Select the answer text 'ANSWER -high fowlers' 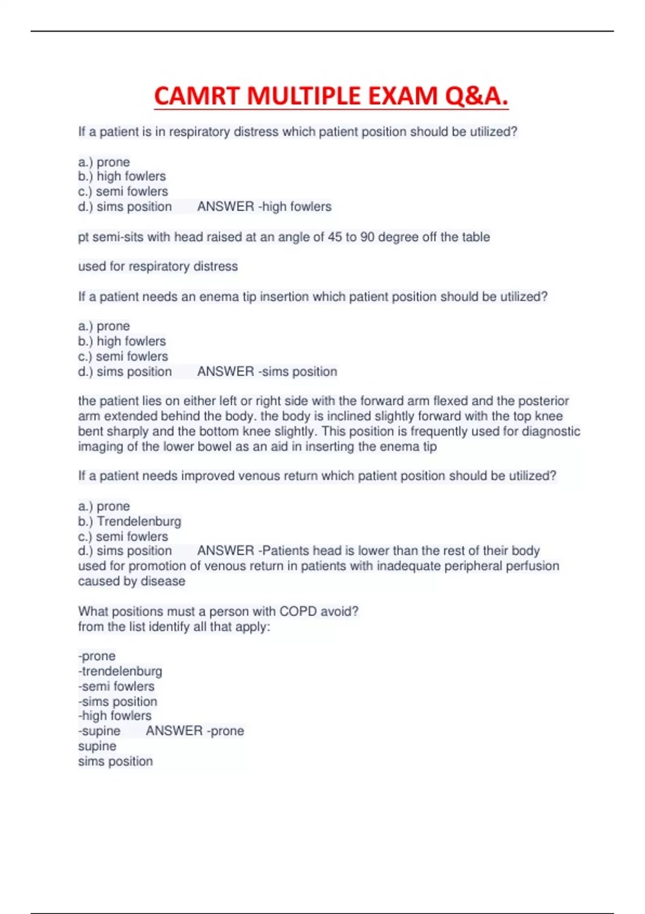pyautogui.click(x=264, y=206)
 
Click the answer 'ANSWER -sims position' pyautogui.click(x=267, y=372)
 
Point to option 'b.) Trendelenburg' pyautogui.click(x=130, y=521)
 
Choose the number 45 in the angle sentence pyautogui.click(x=335, y=237)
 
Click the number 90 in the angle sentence pyautogui.click(x=367, y=237)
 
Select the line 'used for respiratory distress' pyautogui.click(x=157, y=267)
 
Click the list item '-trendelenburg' pyautogui.click(x=120, y=671)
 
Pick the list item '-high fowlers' pyautogui.click(x=114, y=716)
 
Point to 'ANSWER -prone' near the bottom pyautogui.click(x=195, y=731)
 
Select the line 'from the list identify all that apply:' pyautogui.click(x=174, y=626)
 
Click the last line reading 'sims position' pyautogui.click(x=115, y=761)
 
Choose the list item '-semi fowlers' pyautogui.click(x=116, y=686)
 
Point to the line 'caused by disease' pyautogui.click(x=131, y=581)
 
